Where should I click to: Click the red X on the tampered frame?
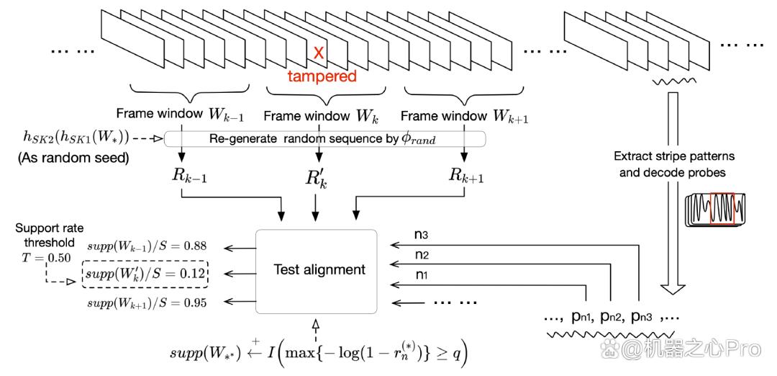(x=319, y=53)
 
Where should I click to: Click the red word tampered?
(x=322, y=76)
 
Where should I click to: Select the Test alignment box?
(x=316, y=271)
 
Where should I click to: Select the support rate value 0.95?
(x=200, y=302)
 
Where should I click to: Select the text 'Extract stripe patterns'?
(x=674, y=156)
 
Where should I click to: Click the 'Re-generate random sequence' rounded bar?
(x=324, y=140)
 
